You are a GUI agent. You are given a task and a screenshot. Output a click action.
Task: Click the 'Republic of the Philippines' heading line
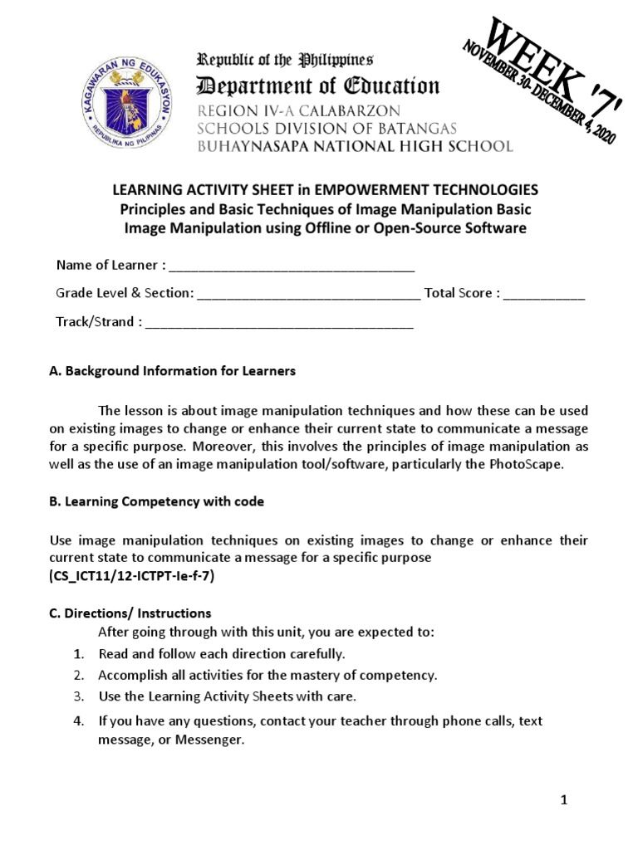coord(285,59)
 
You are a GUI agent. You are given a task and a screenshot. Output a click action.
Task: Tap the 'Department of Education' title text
coord(317,85)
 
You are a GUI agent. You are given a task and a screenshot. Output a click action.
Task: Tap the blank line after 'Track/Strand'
coord(279,323)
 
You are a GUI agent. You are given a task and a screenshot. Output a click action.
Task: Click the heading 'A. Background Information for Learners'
coord(173,371)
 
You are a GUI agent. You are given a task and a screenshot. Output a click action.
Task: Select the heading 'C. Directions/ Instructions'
coord(130,613)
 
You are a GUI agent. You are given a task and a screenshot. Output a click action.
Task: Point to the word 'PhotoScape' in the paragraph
coord(525,464)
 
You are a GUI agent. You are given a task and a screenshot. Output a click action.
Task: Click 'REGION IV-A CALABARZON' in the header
coord(298,111)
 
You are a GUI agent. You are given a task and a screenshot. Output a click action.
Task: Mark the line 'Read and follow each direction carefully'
coord(221,653)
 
